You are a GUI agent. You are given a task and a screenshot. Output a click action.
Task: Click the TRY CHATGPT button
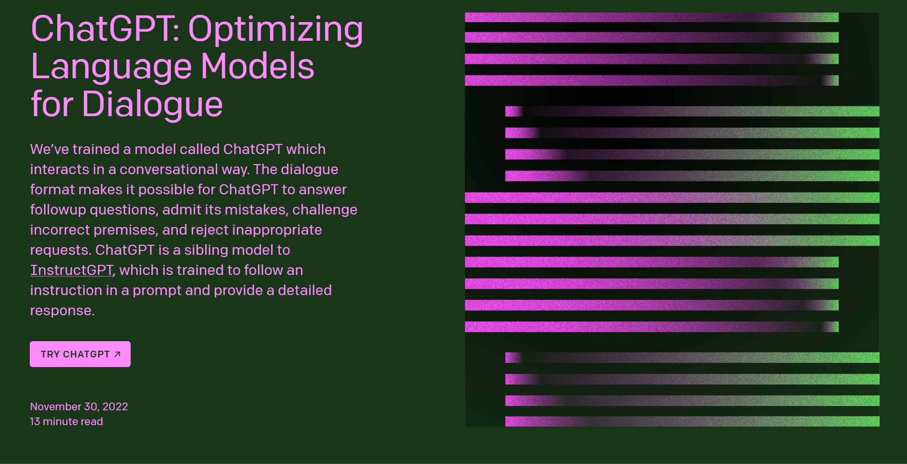pyautogui.click(x=80, y=354)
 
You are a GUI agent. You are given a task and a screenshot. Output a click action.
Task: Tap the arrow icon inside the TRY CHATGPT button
pyautogui.click(x=117, y=354)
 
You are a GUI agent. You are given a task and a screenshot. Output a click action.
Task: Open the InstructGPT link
pyautogui.click(x=72, y=270)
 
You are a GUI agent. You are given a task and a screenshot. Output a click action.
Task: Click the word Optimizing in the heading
pyautogui.click(x=276, y=29)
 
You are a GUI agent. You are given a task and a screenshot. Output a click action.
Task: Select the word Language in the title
pyautogui.click(x=111, y=68)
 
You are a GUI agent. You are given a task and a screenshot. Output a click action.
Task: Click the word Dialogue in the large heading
pyautogui.click(x=152, y=105)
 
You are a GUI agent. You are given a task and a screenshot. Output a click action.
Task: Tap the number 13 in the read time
pyautogui.click(x=35, y=421)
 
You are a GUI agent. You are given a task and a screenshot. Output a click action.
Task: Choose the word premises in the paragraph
pyautogui.click(x=125, y=230)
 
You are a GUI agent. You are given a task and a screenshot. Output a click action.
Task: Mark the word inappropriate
pyautogui.click(x=277, y=230)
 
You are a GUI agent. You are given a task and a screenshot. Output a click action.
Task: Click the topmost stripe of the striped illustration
pyautogui.click(x=652, y=17)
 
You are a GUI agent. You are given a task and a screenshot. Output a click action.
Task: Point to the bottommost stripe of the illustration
pyautogui.click(x=692, y=421)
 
